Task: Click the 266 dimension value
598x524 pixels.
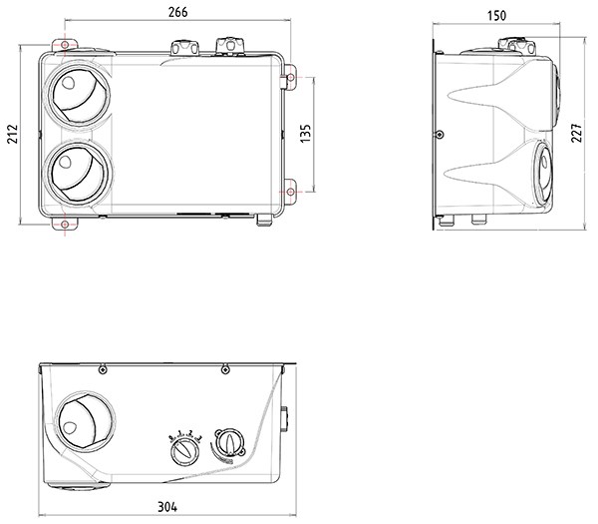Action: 178,12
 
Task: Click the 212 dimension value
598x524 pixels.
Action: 13,134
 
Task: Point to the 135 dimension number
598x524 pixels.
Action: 306,134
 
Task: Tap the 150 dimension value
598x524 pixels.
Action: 496,16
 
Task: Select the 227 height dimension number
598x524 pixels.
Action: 576,133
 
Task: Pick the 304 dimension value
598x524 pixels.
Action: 167,507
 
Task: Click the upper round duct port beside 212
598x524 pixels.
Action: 78,96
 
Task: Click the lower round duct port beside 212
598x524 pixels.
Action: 77,174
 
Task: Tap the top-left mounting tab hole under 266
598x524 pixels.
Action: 65,45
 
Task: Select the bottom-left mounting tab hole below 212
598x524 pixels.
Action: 65,224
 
